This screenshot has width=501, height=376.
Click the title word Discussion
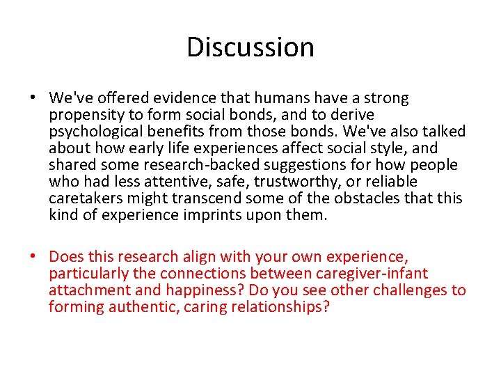[250, 47]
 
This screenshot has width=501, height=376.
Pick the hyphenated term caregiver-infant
[372, 274]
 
